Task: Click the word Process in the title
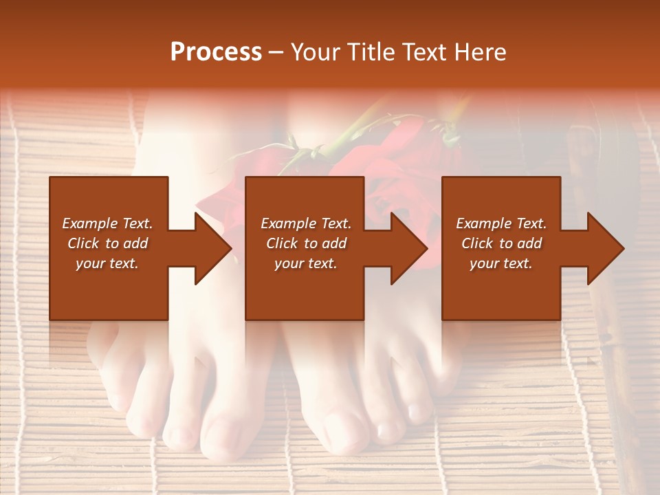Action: [x=216, y=52]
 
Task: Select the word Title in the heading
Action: [x=375, y=52]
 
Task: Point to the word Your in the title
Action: [x=317, y=52]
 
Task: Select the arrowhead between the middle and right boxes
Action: [x=408, y=248]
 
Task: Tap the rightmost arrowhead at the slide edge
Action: [x=605, y=248]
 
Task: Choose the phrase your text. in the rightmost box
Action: [x=500, y=263]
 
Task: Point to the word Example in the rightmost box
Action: [x=479, y=223]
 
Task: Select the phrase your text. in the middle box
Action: [x=305, y=263]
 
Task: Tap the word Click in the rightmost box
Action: [x=478, y=243]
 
